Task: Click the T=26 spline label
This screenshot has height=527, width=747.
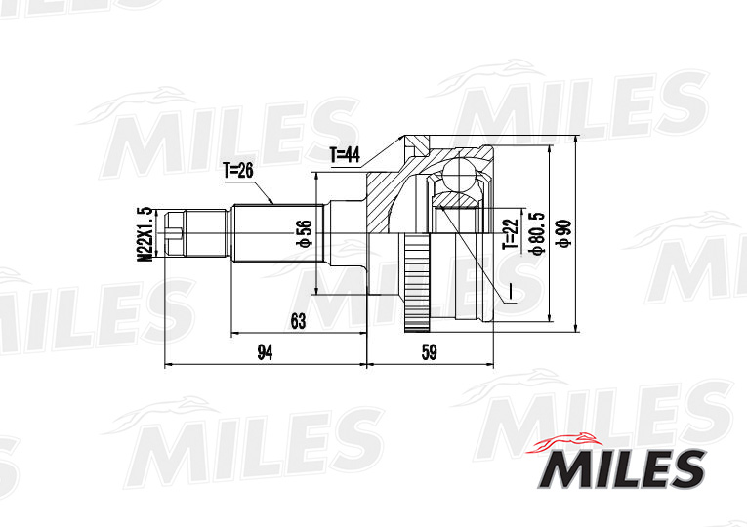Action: pos(237,171)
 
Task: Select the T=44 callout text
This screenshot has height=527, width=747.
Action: pos(346,154)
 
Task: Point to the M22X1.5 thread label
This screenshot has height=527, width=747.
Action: pos(145,234)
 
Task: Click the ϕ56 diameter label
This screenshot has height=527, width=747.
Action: pos(304,234)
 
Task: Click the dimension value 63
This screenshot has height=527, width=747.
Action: pos(298,320)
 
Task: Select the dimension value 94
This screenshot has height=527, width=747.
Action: pos(264,353)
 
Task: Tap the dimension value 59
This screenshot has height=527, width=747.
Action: pos(428,353)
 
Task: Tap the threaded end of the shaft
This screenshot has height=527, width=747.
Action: pos(175,234)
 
